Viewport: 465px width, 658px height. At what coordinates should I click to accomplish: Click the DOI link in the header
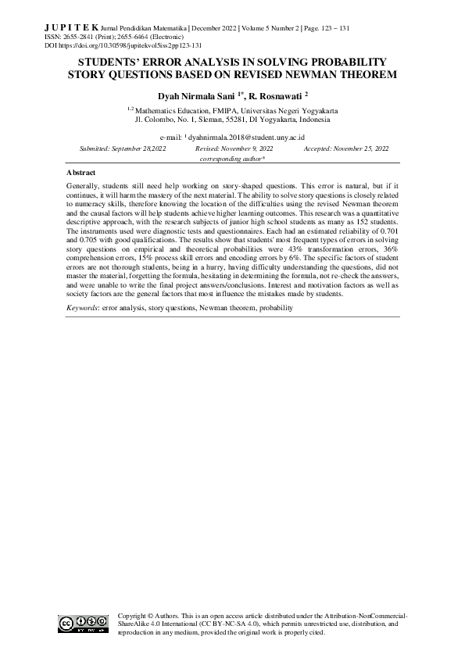(133, 45)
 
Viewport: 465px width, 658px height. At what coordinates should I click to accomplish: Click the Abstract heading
(81, 171)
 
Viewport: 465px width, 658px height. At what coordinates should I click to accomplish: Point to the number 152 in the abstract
(365, 223)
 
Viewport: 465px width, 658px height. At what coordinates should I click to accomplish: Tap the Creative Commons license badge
(82, 623)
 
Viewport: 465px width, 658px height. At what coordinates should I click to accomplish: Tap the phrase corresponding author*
(232, 158)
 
